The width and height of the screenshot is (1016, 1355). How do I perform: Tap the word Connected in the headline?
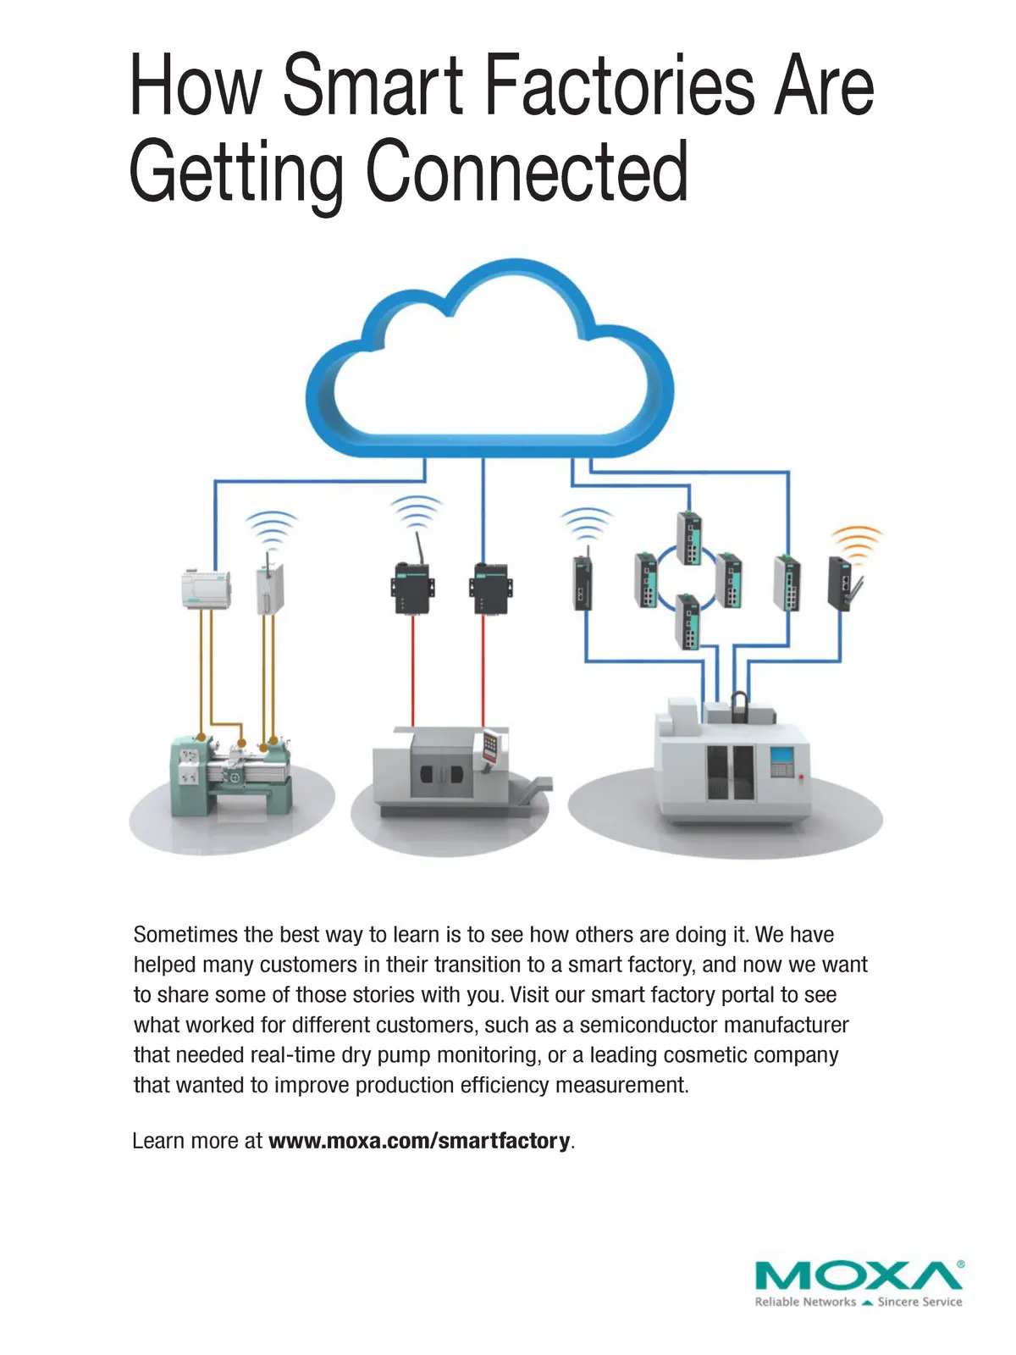[x=527, y=171]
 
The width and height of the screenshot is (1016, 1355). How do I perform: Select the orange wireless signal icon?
[x=856, y=542]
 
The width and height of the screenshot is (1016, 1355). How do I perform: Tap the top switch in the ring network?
[x=689, y=538]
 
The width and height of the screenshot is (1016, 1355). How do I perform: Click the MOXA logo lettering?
[x=857, y=1275]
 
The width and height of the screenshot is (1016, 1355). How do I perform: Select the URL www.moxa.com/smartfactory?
[x=419, y=1141]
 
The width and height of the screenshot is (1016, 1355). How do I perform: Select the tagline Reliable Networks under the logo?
[x=804, y=1302]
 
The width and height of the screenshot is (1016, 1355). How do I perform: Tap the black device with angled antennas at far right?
[x=843, y=583]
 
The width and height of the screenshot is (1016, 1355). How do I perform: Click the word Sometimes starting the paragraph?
[x=185, y=935]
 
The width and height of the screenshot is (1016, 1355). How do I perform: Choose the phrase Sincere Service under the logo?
[x=919, y=1302]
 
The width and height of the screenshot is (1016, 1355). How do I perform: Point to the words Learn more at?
[x=197, y=1141]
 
